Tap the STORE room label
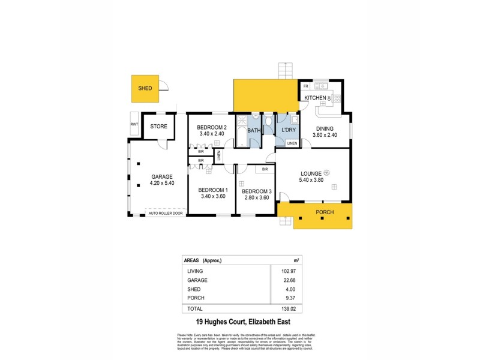point(158,126)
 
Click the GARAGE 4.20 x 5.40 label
point(162,180)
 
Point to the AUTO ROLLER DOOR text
point(166,212)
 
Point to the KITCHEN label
point(316,98)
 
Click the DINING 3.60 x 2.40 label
point(325,131)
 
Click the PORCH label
point(324,213)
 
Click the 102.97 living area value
point(281,272)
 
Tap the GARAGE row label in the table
point(197,280)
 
